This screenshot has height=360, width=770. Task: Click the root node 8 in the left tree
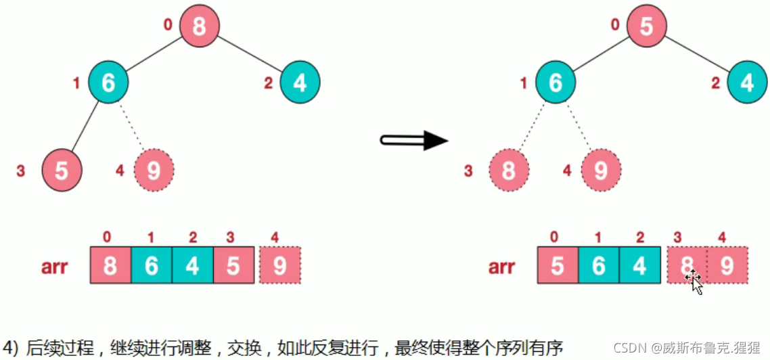click(200, 27)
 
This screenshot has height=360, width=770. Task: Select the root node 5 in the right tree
click(647, 27)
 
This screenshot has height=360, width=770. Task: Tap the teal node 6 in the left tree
click(108, 82)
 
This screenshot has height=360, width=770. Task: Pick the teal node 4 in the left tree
click(300, 82)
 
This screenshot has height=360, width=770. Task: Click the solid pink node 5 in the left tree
click(62, 169)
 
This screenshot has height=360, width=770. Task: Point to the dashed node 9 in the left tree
click(154, 169)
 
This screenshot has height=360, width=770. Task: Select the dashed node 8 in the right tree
click(509, 169)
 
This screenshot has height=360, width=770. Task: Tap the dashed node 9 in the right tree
click(601, 169)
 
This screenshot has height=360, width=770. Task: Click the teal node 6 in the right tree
click(556, 82)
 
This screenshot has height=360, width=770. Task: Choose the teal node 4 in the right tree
click(747, 82)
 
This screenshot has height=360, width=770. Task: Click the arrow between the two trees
click(413, 141)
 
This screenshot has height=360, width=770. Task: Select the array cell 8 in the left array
click(110, 266)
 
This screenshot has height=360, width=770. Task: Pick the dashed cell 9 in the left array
click(279, 266)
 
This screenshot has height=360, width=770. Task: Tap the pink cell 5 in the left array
click(233, 266)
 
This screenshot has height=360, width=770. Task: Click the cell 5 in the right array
click(558, 266)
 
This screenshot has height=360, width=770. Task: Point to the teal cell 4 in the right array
click(639, 266)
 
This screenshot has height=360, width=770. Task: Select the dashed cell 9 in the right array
click(727, 266)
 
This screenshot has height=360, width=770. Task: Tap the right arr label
click(501, 267)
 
